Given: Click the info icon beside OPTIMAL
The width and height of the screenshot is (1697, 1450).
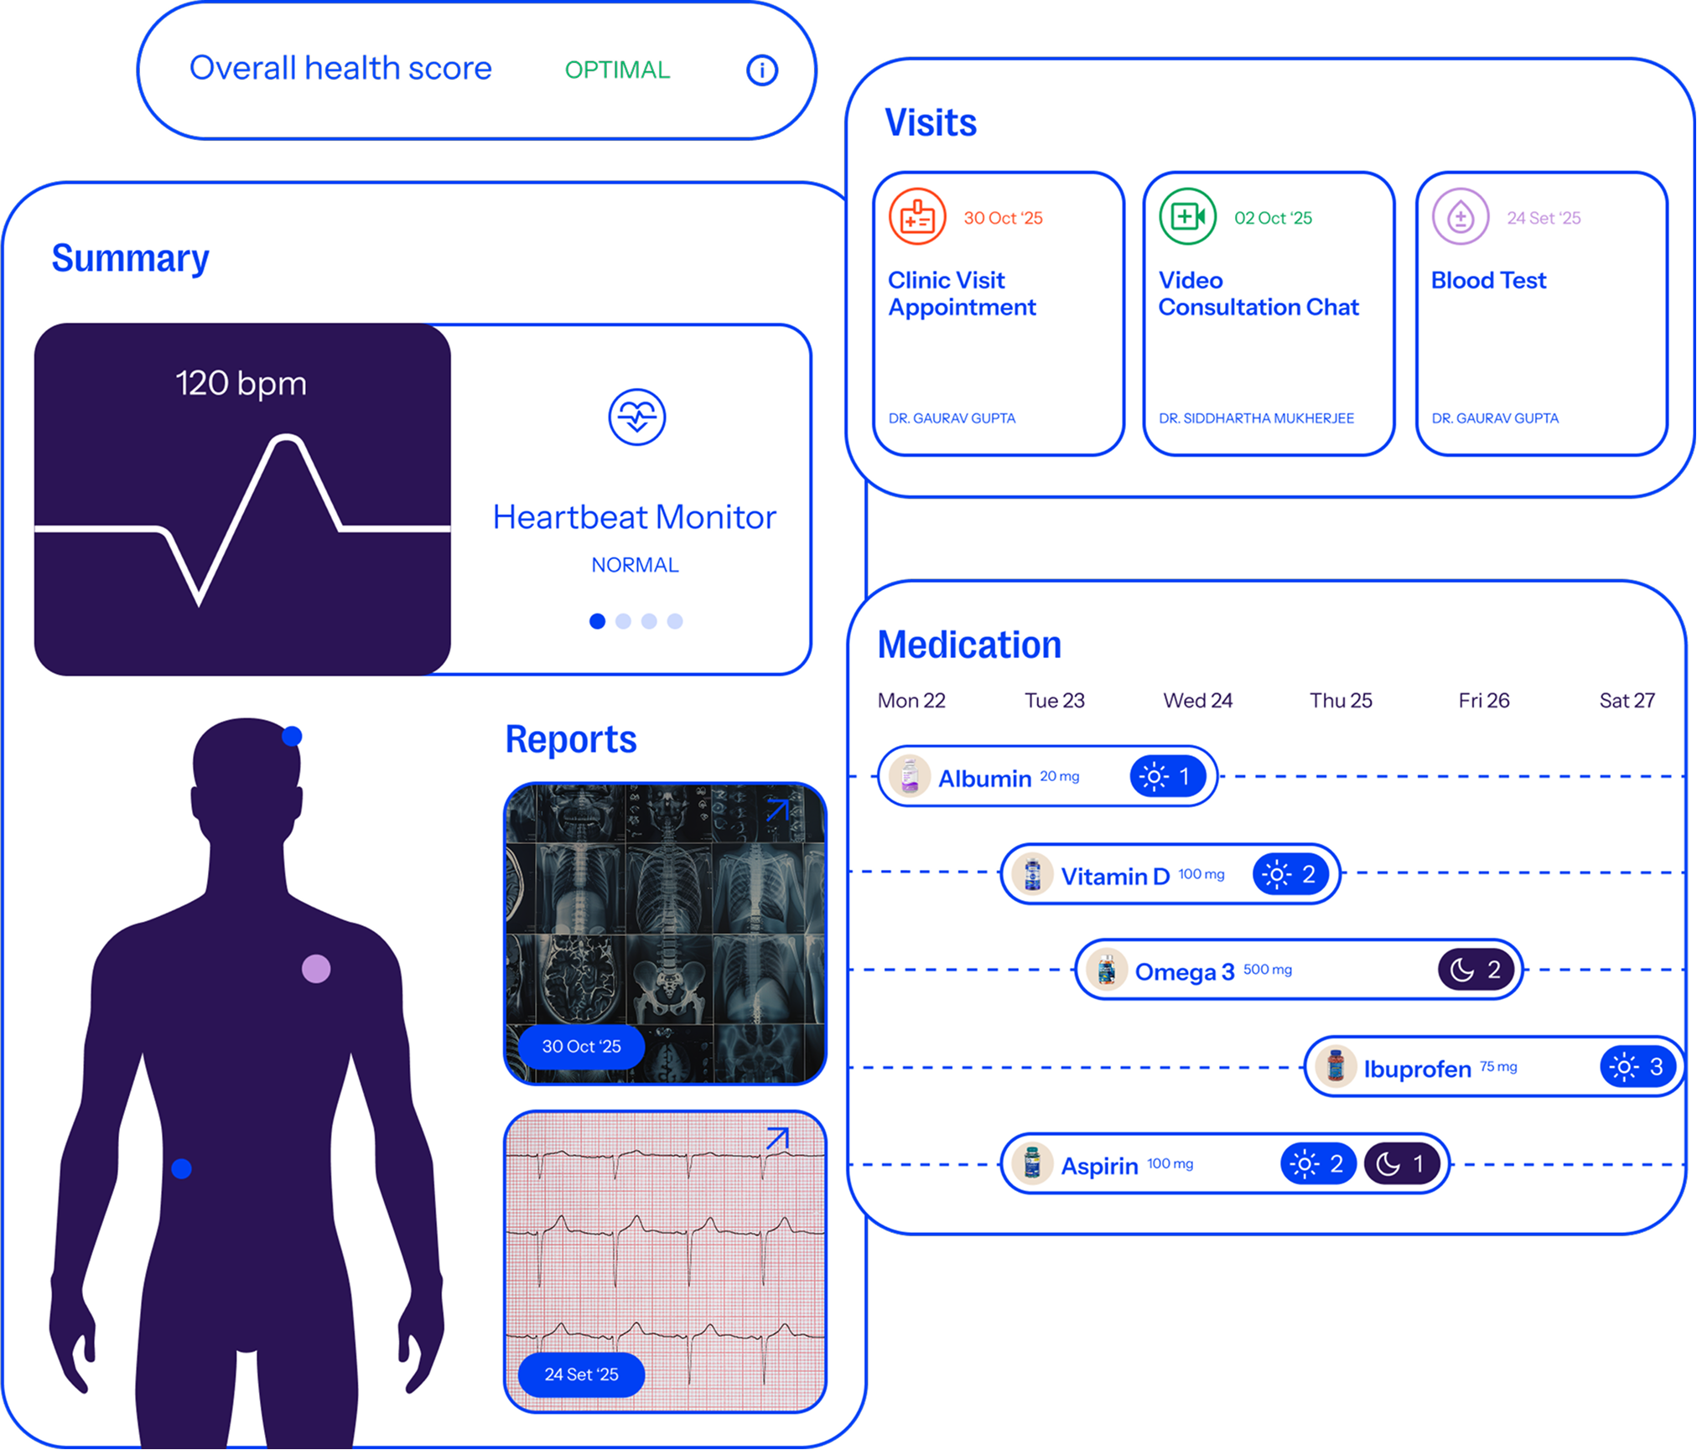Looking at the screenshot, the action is (761, 70).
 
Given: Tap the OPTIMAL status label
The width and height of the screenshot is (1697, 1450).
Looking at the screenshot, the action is (617, 70).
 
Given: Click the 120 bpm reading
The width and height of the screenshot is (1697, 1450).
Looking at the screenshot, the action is (241, 383).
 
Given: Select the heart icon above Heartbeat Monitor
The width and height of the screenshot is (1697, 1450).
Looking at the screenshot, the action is (637, 417).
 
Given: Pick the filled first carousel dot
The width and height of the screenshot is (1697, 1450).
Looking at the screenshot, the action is (597, 621).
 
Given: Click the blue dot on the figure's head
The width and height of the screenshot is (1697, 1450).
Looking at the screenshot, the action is (292, 736).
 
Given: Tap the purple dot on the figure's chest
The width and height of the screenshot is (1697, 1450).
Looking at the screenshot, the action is (316, 969).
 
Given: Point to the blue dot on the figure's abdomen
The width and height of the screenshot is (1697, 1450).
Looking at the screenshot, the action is (182, 1168).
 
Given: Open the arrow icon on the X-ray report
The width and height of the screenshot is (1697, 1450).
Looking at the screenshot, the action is (777, 810).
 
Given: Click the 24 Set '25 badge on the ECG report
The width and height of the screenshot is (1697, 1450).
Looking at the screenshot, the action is (581, 1375).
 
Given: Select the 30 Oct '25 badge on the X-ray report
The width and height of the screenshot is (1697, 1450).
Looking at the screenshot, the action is (581, 1046).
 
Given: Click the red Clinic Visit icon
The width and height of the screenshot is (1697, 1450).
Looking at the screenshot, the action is (917, 217).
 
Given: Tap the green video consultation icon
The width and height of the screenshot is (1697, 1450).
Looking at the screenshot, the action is (1187, 217).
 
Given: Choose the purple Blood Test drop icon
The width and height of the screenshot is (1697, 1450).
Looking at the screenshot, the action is (1460, 217).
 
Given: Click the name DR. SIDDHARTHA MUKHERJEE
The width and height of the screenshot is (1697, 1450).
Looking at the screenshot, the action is (1256, 418).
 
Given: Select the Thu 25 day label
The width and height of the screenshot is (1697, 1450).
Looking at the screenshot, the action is (1341, 701).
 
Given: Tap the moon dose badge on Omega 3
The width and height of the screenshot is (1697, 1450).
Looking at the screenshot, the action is (1475, 970).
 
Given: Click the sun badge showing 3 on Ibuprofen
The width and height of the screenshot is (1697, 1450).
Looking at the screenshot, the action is (1637, 1067).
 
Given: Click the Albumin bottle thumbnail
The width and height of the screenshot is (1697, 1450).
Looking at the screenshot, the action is (910, 777).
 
